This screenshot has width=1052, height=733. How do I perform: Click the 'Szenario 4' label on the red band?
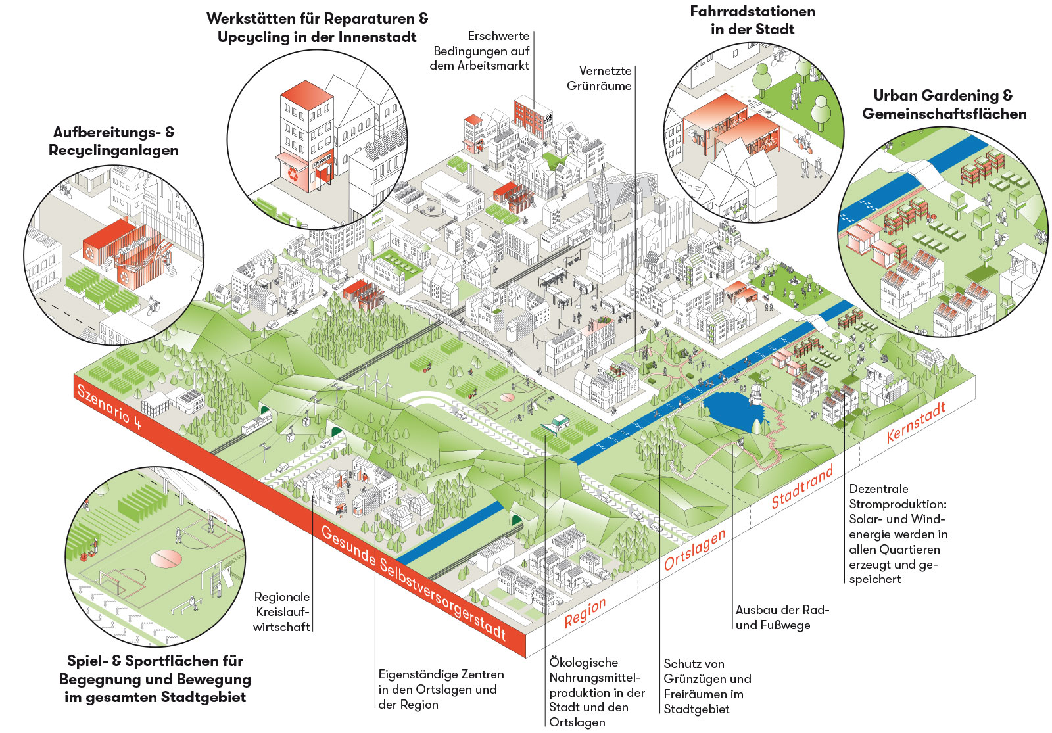click(109, 406)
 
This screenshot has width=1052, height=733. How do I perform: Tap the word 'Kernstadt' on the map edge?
click(915, 422)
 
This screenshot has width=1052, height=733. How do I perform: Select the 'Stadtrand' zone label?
click(802, 486)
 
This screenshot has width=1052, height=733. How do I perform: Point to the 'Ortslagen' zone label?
click(694, 549)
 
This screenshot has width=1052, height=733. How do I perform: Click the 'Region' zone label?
click(585, 612)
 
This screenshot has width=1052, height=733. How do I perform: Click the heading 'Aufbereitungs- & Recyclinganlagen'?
click(114, 141)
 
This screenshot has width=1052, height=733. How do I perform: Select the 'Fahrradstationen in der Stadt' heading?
click(753, 20)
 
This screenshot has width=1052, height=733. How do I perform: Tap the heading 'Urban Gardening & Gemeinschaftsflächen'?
click(944, 105)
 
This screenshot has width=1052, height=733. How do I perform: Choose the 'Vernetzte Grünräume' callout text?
click(599, 78)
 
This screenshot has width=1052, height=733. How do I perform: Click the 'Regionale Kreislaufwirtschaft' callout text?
click(282, 611)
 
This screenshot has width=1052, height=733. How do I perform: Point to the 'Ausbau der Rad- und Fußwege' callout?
click(782, 617)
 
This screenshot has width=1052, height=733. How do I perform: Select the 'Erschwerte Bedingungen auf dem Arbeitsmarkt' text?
click(481, 51)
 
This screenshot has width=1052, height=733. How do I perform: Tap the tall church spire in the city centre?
click(601, 197)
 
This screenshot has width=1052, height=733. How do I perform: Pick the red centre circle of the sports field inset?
click(165, 559)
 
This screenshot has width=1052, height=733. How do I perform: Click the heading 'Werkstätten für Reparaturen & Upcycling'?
click(317, 28)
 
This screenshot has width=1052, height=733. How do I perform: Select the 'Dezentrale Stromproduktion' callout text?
click(898, 533)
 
